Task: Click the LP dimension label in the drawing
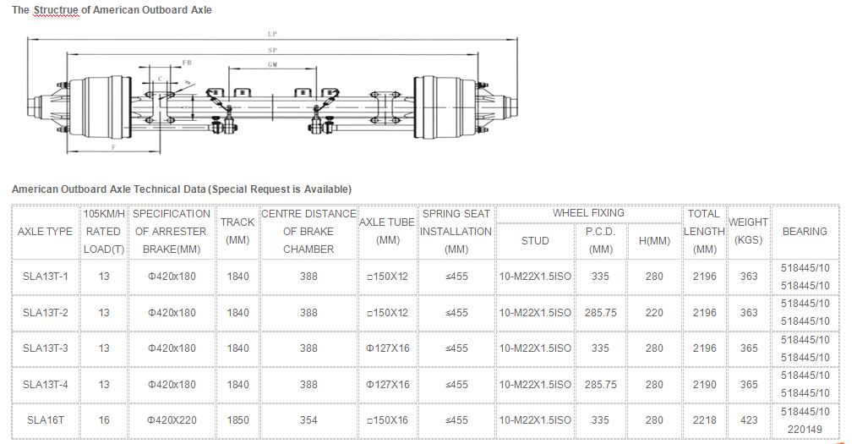pyautogui.click(x=272, y=34)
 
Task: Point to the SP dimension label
pyautogui.click(x=272, y=50)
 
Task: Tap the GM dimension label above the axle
pyautogui.click(x=272, y=64)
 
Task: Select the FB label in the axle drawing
pyautogui.click(x=187, y=63)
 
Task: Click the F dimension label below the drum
pyautogui.click(x=114, y=147)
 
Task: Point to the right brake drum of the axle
pyautogui.click(x=445, y=107)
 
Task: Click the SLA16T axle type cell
pyautogui.click(x=46, y=420)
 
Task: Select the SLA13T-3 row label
pyautogui.click(x=46, y=348)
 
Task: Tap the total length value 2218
pyautogui.click(x=705, y=420)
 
